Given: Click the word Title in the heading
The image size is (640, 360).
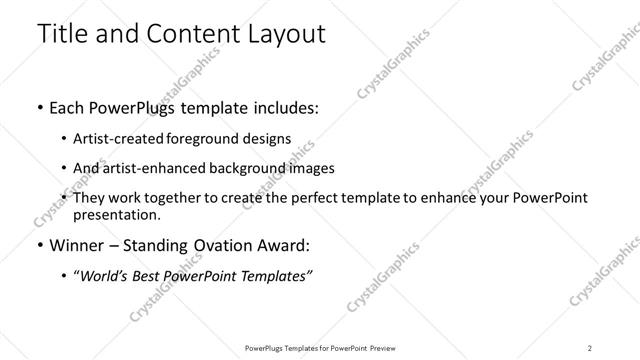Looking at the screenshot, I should pyautogui.click(x=62, y=33).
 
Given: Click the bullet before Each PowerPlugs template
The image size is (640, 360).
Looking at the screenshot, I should pyautogui.click(x=39, y=107).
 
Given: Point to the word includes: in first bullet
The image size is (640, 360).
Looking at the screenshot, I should pyautogui.click(x=284, y=107).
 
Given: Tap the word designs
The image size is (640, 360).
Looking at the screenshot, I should pyautogui.click(x=268, y=139).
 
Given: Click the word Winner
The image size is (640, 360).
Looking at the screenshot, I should pyautogui.click(x=78, y=245).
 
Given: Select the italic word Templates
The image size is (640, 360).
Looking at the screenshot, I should pyautogui.click(x=275, y=276).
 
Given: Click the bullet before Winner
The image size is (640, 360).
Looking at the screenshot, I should pyautogui.click(x=39, y=245).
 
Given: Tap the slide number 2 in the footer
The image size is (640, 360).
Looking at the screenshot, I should pyautogui.click(x=589, y=346).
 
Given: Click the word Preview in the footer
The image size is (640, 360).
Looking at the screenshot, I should pyautogui.click(x=393, y=346).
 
